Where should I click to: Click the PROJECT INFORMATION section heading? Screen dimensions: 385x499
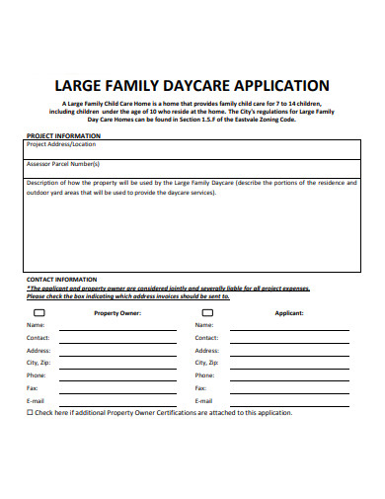click(x=63, y=135)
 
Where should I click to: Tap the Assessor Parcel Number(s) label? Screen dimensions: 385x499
click(x=63, y=164)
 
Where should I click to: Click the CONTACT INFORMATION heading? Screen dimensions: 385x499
click(x=61, y=280)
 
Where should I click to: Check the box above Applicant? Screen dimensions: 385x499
click(x=207, y=311)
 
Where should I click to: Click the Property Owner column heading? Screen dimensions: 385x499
click(x=117, y=312)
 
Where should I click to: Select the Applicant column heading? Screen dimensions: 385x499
click(x=288, y=312)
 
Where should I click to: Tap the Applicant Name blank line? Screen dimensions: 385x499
click(x=288, y=328)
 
